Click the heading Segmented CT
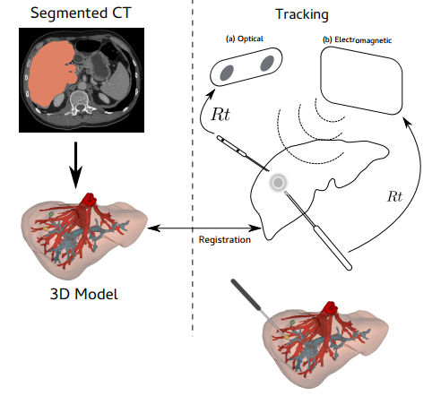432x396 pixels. point(81,13)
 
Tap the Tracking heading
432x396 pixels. point(302,14)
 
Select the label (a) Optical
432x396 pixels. point(245,39)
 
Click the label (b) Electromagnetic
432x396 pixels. point(357,40)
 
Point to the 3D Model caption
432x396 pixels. point(84,294)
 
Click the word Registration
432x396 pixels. point(225,239)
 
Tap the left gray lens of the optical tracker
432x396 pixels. point(227,73)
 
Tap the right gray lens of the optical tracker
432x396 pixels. point(267,63)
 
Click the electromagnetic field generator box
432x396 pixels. point(361,80)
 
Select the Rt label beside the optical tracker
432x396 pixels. point(220,114)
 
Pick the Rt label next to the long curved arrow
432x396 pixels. point(394,196)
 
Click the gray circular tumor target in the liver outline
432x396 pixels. point(278,182)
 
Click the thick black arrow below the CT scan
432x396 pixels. point(75,165)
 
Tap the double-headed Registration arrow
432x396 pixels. point(204,228)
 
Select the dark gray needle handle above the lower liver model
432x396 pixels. point(246,294)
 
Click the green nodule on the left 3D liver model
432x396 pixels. point(51,214)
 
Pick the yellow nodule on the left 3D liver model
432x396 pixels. point(46,228)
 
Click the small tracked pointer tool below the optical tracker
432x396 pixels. point(243,153)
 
